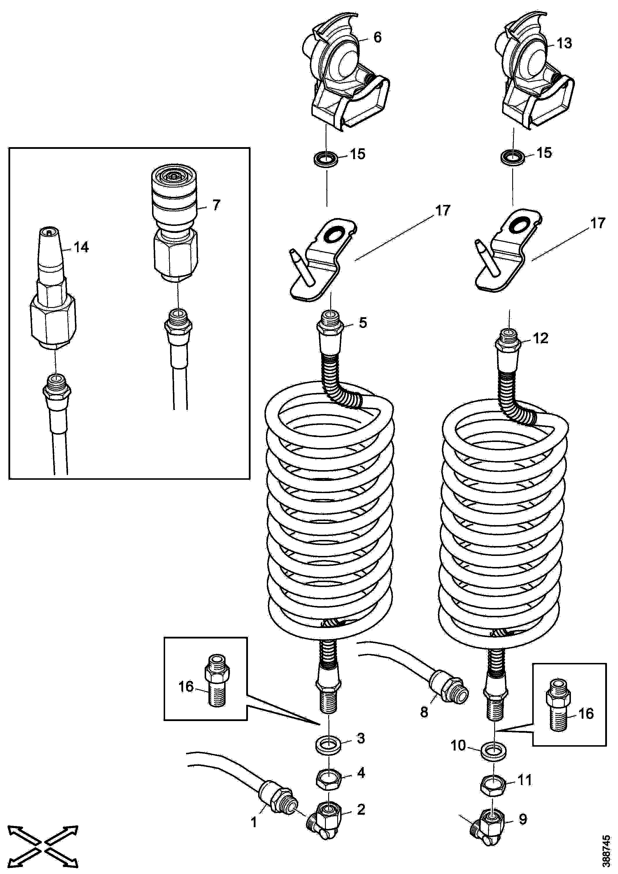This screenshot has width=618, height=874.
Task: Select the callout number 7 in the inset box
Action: click(216, 205)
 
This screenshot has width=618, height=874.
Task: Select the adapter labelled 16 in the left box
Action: click(217, 686)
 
